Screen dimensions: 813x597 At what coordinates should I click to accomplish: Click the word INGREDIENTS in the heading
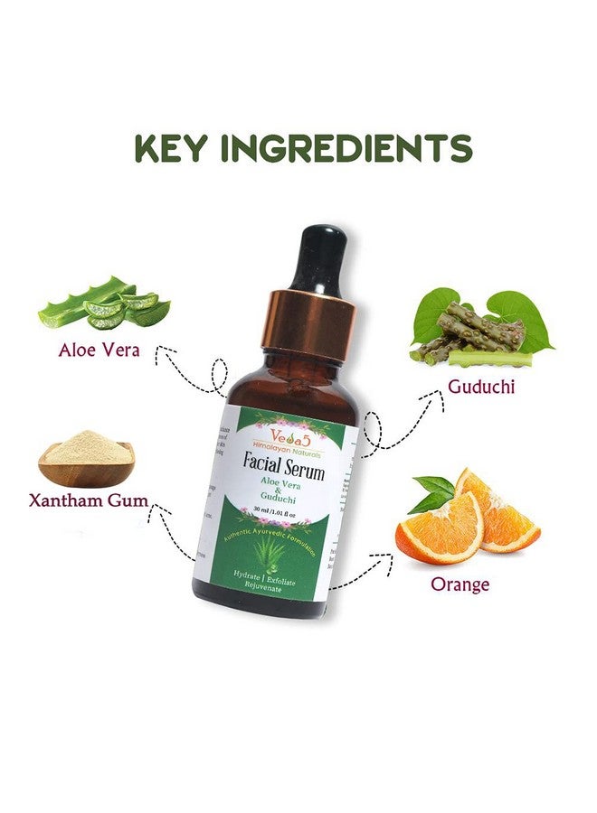point(353,149)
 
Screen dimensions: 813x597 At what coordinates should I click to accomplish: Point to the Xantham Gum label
point(88,500)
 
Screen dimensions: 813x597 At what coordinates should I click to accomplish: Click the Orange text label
point(460,584)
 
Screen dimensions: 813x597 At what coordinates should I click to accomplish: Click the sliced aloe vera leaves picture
point(105,305)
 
